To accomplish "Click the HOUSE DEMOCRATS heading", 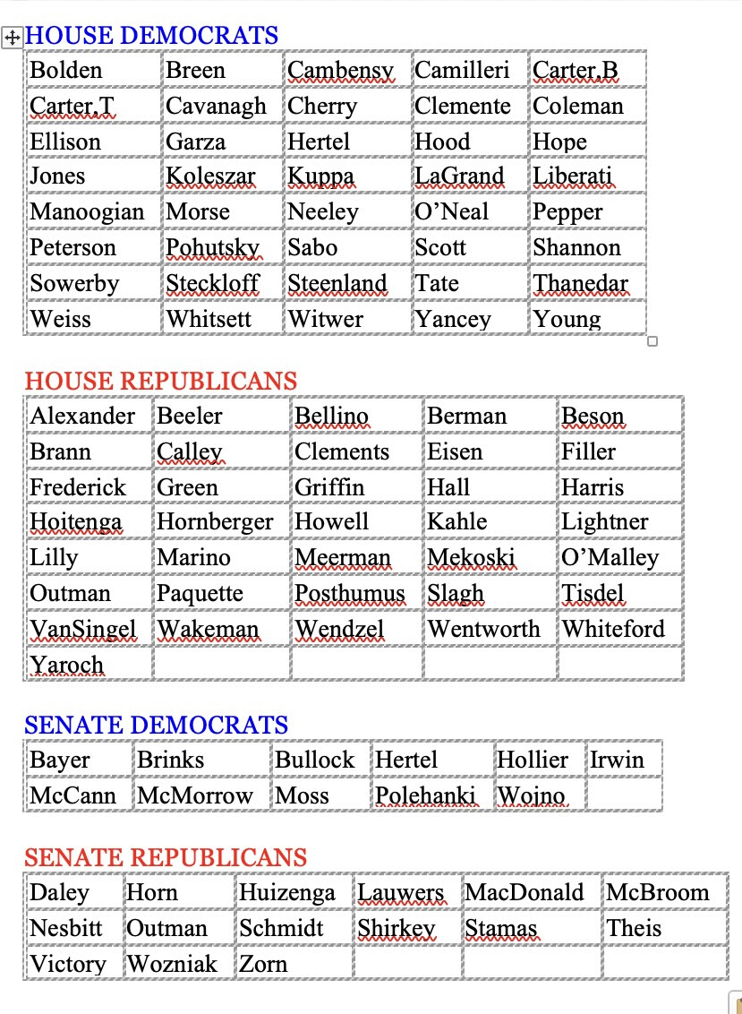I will pos(151,36).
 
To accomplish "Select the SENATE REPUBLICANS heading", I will pos(166,857).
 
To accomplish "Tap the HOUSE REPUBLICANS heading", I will pos(160,381).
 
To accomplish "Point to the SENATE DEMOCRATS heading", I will pos(157,725).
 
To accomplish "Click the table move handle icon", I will pos(13,38).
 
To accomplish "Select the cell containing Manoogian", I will pos(87,212).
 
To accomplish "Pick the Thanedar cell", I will pos(581,284).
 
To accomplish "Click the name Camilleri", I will pos(462,71).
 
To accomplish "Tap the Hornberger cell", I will pos(215,522).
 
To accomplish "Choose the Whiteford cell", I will pos(613,629).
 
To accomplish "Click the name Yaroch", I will pos(67,665).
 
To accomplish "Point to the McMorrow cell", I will pos(195,795).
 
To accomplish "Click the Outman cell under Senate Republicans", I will pos(167,928).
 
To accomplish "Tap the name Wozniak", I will pos(173,964).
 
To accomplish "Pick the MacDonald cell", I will pos(525,893).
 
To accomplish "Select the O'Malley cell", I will pos(610,558).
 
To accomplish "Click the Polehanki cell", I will pos(425,795).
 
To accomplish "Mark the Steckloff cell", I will pos(213,284).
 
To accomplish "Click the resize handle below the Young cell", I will pos(652,340).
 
